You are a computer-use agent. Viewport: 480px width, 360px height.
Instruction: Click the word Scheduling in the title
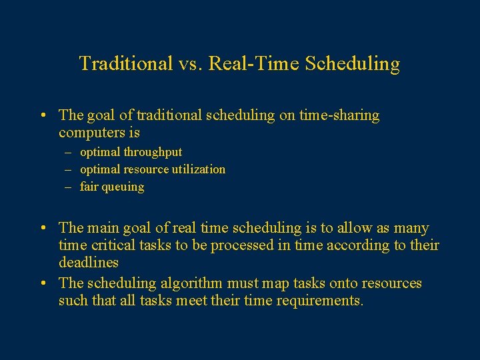(x=353, y=64)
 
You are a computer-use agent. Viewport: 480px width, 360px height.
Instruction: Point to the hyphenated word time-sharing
(x=339, y=115)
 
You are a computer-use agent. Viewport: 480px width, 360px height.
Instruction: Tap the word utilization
(x=196, y=169)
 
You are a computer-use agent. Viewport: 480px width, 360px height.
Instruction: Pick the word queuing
(x=122, y=187)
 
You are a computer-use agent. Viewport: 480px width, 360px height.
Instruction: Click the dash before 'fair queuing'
(x=68, y=187)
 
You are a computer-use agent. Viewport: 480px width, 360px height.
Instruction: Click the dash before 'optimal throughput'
(x=68, y=152)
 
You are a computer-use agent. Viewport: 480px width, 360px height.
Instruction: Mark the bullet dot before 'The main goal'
(x=43, y=229)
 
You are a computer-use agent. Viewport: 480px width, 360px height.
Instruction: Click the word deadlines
(x=89, y=263)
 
